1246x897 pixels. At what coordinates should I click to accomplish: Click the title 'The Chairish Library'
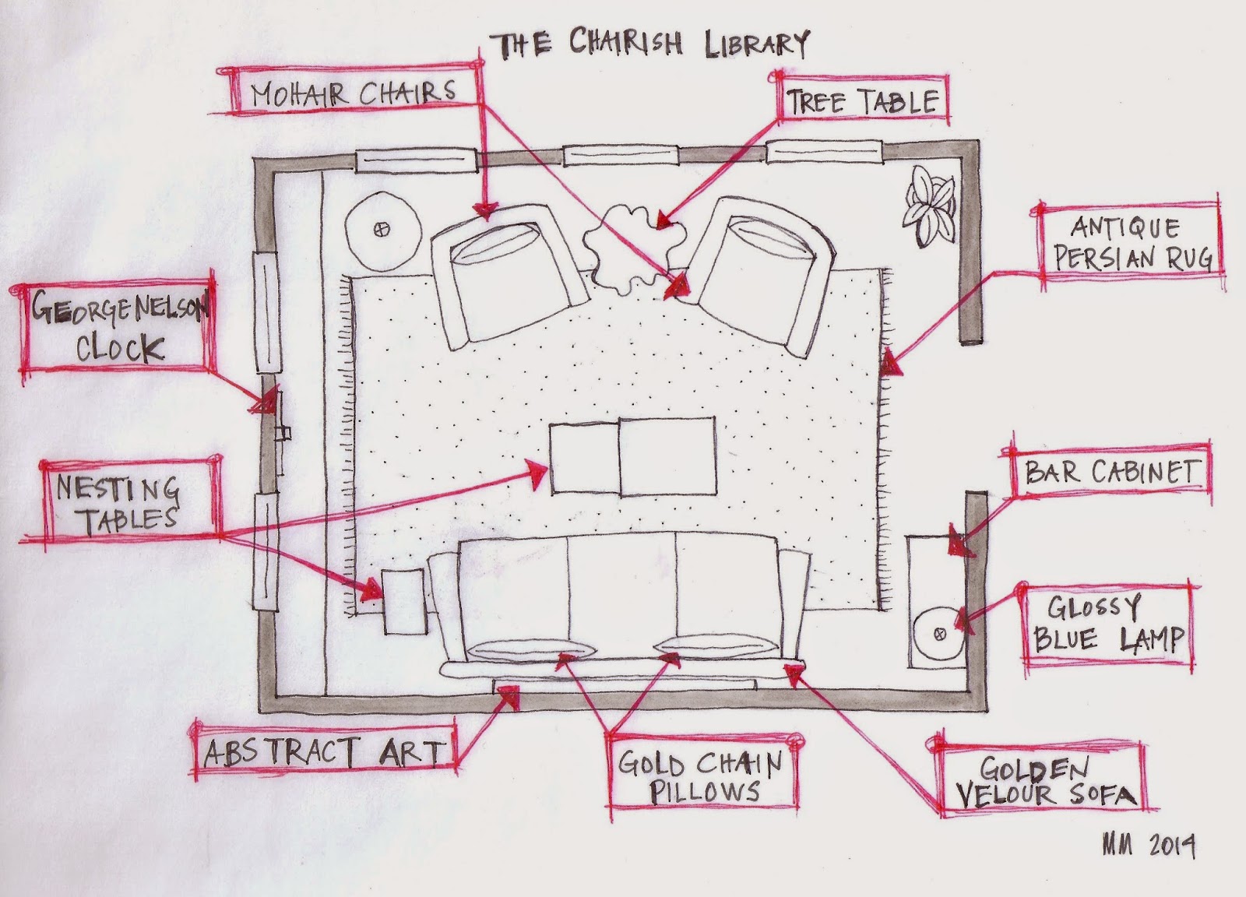click(x=649, y=44)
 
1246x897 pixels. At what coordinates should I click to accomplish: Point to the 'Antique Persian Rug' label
click(x=1130, y=242)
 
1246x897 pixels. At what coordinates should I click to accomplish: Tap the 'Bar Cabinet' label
click(x=1109, y=473)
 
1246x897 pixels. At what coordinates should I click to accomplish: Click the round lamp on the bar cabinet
click(x=940, y=634)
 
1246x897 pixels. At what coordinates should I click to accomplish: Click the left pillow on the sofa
click(x=530, y=649)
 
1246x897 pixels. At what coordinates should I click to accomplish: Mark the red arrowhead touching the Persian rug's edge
click(x=889, y=364)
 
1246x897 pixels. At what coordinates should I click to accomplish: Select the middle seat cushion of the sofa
click(x=622, y=594)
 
